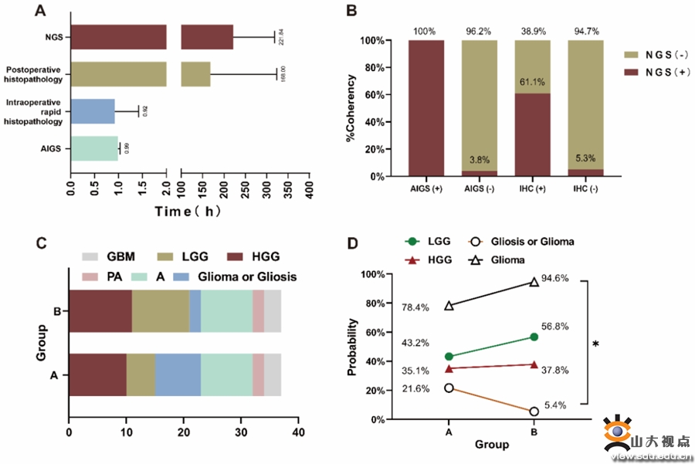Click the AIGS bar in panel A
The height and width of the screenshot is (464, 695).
94,149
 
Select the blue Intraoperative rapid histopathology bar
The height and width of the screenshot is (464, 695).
93,111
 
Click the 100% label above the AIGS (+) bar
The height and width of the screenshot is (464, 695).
423,32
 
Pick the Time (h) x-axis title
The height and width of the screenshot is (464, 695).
190,212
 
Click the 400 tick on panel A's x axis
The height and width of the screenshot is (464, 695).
309,188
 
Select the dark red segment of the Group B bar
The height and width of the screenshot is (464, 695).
100,312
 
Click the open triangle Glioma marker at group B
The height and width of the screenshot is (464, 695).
534,282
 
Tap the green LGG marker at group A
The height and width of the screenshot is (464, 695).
449,357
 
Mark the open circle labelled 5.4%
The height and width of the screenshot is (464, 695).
534,412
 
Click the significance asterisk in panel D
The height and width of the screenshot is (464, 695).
597,344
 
